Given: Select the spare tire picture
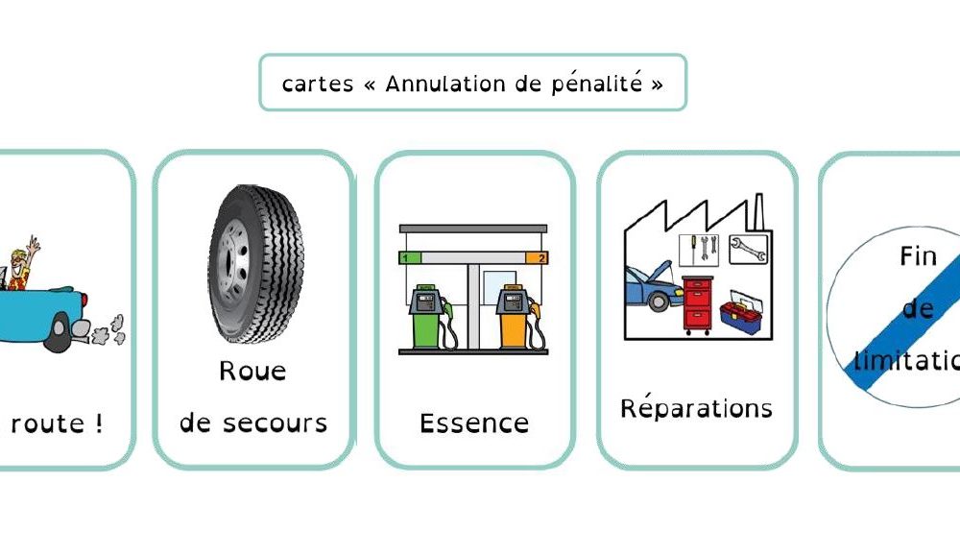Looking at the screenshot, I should (254, 263).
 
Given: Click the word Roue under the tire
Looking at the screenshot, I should (252, 371).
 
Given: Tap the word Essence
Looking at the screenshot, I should (474, 423).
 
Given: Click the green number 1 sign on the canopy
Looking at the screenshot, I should (406, 258).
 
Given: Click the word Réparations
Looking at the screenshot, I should (696, 408).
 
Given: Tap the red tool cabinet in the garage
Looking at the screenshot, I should (698, 304).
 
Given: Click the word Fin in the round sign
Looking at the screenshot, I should (918, 257).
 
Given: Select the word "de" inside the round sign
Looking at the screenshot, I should (918, 309).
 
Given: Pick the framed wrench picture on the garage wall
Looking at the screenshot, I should (748, 249).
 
